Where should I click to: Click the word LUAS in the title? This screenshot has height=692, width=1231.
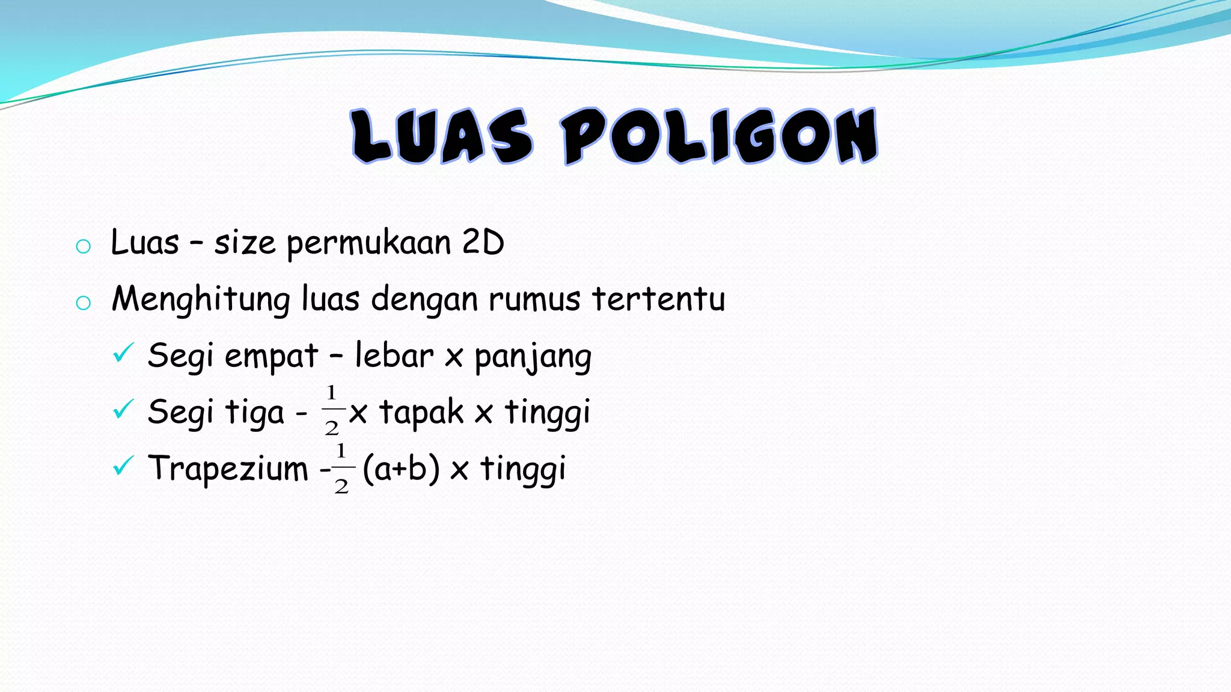tap(442, 136)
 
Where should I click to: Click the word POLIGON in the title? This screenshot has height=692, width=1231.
tap(719, 136)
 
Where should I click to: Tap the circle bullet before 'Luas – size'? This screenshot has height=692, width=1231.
tap(84, 246)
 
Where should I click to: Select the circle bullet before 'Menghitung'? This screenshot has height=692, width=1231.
tap(84, 303)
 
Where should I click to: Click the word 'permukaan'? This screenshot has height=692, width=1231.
tap(368, 244)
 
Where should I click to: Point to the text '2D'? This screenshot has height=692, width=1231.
tap(483, 243)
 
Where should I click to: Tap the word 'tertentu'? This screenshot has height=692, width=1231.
tap(659, 299)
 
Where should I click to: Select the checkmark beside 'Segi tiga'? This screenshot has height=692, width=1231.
tap(123, 410)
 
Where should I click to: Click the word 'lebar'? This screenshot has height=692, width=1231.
tap(394, 355)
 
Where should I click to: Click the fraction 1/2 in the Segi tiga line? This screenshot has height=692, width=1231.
tap(332, 410)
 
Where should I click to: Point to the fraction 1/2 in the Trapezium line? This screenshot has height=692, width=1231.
tap(341, 468)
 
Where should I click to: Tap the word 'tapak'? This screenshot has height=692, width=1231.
tap(421, 413)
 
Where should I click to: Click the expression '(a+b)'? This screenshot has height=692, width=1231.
tap(402, 469)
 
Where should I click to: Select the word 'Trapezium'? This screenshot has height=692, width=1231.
tap(228, 469)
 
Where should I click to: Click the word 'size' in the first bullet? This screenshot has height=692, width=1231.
tap(245, 244)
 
